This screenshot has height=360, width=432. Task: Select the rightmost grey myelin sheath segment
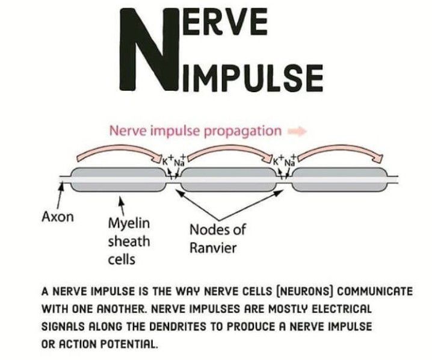click(x=338, y=180)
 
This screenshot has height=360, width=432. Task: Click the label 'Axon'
click(x=57, y=217)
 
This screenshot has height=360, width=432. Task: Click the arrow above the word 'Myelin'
click(x=122, y=203)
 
